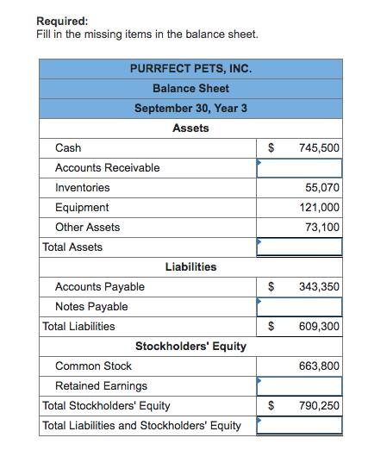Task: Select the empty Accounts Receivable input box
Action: tap(299, 168)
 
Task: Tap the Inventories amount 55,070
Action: tap(322, 188)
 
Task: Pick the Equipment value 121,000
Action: tap(319, 208)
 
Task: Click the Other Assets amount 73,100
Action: tap(322, 228)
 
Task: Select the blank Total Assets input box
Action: tap(299, 247)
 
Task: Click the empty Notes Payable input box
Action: tap(299, 307)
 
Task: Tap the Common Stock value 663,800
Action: tap(319, 366)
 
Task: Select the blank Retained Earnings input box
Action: tap(299, 386)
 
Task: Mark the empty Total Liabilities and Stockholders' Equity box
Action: tap(299, 426)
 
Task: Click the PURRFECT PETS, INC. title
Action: tap(190, 68)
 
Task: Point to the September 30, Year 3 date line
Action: tap(190, 108)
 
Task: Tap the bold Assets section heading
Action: tap(190, 128)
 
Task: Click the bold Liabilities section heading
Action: tap(190, 267)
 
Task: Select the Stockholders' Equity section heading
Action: tap(190, 347)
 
